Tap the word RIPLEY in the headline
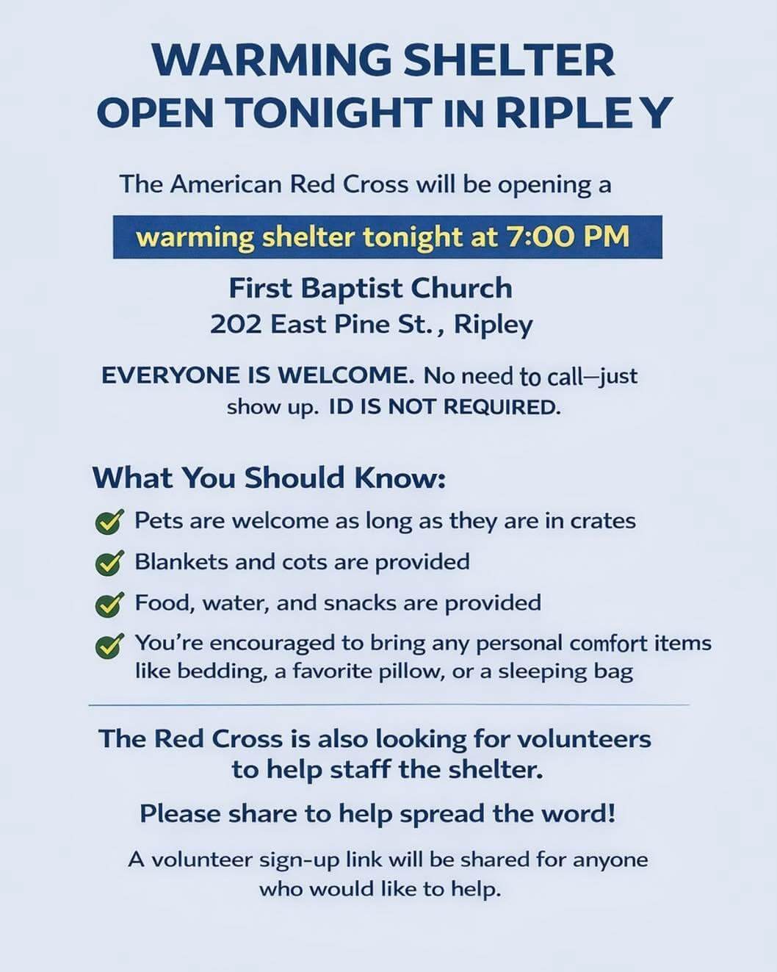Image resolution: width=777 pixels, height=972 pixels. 584,112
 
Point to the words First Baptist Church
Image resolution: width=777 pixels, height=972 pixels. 370,288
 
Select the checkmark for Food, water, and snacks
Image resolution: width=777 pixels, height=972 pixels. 109,604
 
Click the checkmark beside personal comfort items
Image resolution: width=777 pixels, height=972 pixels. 109,645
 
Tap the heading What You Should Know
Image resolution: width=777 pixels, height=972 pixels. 269,478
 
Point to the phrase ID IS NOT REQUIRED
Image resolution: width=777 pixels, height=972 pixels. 444,406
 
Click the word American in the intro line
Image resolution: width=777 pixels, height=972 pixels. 225,184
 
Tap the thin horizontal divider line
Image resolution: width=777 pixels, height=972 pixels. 388,705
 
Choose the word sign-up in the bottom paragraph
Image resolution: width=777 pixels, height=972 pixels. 320,860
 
